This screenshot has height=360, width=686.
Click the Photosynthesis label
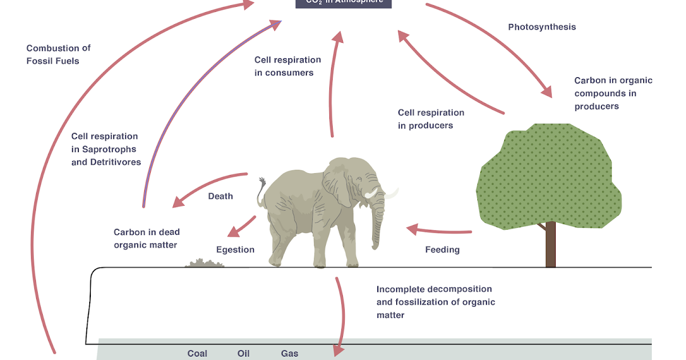tap(542, 27)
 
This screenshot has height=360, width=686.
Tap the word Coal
tap(197, 353)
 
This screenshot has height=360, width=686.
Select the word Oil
tap(244, 353)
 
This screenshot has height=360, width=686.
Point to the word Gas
tap(289, 353)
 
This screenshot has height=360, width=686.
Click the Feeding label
tap(442, 250)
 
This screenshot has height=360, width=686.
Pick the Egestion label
tap(235, 250)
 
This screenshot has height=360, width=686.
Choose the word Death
tap(220, 196)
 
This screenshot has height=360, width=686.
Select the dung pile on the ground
tap(204, 263)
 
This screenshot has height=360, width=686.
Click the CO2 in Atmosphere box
tap(344, 3)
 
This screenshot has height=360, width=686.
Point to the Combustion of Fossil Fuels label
tap(58, 54)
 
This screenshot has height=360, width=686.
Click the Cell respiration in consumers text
tap(288, 66)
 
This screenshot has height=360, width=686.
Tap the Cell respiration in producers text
tap(431, 119)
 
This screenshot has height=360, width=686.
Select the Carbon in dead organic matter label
tap(146, 238)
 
